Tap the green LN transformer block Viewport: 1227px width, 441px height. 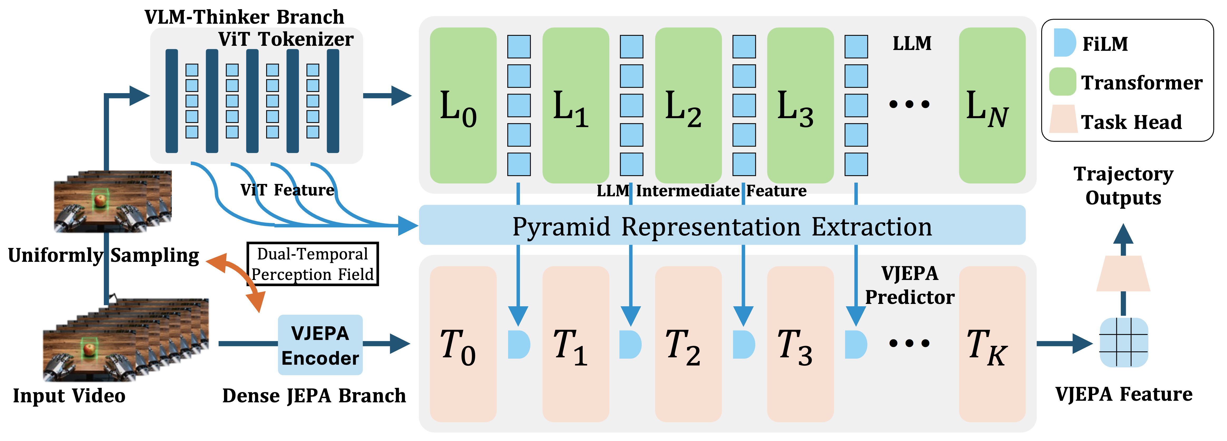[992, 105]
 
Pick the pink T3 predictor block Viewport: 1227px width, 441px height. [800, 343]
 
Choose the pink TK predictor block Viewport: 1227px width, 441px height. [992, 343]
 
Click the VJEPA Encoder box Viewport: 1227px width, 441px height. [320, 345]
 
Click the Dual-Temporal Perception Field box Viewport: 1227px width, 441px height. [313, 264]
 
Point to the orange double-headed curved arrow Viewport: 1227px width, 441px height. [236, 278]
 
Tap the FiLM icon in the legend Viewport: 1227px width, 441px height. [1064, 43]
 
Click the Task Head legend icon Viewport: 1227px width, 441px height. [1063, 119]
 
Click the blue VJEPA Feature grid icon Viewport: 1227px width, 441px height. [1123, 343]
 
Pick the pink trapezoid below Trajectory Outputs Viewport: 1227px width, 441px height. [1123, 274]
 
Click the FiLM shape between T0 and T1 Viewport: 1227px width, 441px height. [518, 344]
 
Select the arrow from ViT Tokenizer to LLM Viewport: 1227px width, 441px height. [387, 96]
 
